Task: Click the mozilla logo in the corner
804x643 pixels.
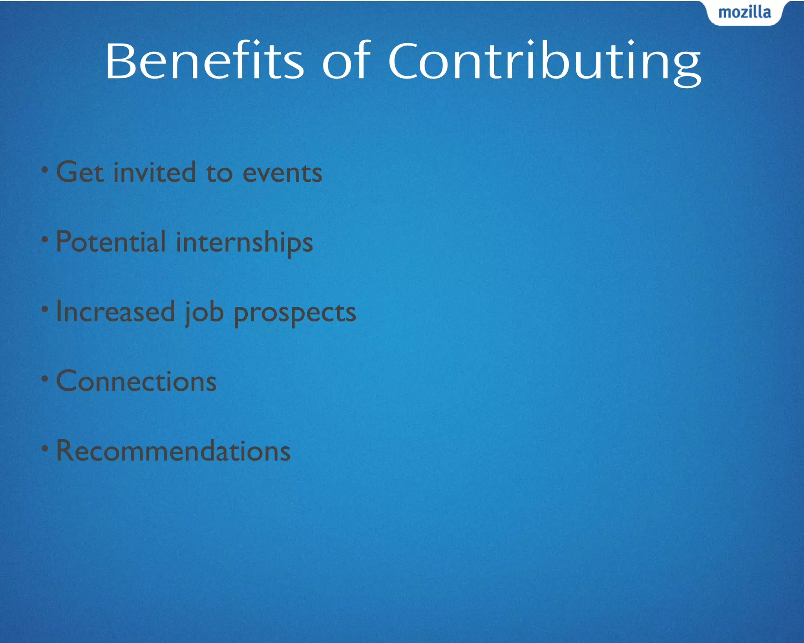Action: point(744,13)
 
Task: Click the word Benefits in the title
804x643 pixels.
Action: point(204,61)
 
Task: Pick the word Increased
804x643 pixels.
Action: point(115,312)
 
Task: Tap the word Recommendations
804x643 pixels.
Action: point(173,451)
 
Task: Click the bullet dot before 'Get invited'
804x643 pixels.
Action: point(45,170)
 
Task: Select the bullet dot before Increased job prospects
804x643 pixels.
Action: point(45,309)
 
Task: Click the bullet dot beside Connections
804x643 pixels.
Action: point(45,379)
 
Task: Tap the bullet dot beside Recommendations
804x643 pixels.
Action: point(45,448)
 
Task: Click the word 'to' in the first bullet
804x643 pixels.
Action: point(219,173)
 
